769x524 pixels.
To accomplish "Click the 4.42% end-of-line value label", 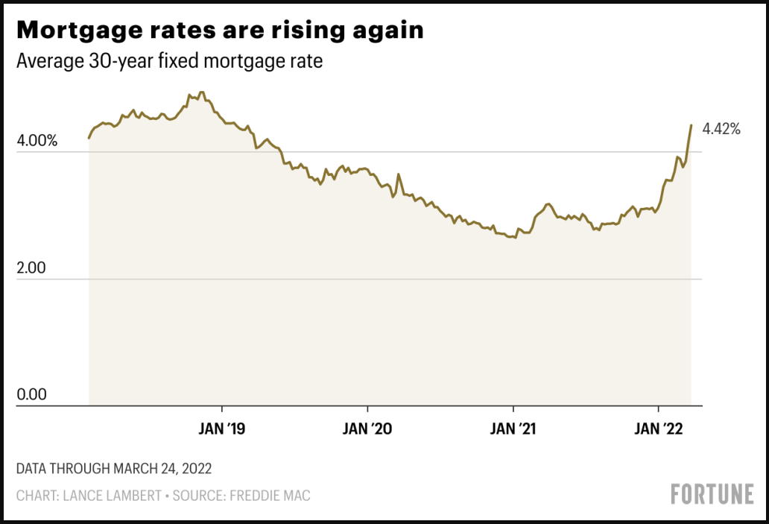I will pyautogui.click(x=721, y=129).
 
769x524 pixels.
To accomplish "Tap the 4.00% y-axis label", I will pyautogui.click(x=37, y=140).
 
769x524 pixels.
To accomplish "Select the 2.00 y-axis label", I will pyautogui.click(x=32, y=268).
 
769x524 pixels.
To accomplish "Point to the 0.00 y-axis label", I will pyautogui.click(x=32, y=394).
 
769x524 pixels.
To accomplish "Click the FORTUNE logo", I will pyautogui.click(x=712, y=494).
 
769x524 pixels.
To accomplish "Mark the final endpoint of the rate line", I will pyautogui.click(x=692, y=125).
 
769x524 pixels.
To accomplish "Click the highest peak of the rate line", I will pyautogui.click(x=201, y=92).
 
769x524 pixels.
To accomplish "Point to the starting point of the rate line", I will pyautogui.click(x=89, y=138).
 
